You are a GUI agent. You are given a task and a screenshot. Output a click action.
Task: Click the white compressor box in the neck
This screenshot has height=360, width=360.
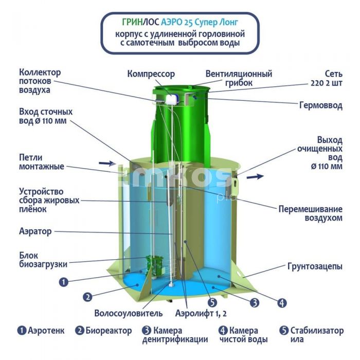[x=172, y=99]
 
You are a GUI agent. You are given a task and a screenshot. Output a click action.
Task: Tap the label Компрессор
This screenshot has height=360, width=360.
[x=151, y=74]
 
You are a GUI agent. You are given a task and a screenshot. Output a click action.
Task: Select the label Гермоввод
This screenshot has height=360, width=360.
[x=321, y=105]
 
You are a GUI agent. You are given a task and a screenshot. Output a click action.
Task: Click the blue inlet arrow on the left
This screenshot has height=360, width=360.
[x=107, y=163]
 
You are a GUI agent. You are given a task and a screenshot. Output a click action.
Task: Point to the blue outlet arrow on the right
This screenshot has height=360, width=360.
[x=255, y=176]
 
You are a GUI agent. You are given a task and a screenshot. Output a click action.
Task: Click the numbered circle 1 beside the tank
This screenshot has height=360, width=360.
[x=64, y=282]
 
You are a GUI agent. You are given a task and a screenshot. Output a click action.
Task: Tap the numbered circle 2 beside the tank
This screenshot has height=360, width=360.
[x=87, y=297]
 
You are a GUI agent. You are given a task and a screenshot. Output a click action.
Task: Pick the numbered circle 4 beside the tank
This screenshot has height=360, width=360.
[x=282, y=303]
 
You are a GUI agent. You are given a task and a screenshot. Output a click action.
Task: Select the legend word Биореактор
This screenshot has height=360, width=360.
[x=109, y=331]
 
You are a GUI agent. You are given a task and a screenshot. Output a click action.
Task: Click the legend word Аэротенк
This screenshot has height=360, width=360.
[x=46, y=331]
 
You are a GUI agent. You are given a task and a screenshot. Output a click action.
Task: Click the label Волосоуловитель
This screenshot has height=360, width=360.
[x=129, y=313]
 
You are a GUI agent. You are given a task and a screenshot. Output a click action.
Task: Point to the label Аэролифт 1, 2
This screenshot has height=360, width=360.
[x=201, y=313]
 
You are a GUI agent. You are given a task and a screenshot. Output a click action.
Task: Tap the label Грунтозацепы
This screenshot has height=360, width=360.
[x=315, y=266]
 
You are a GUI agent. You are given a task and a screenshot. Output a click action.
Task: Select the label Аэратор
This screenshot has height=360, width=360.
[x=35, y=231]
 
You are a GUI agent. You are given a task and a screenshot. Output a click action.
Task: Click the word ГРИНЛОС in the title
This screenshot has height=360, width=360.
[x=140, y=22]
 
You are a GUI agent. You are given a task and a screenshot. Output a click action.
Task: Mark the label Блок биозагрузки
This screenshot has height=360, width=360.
[x=43, y=260]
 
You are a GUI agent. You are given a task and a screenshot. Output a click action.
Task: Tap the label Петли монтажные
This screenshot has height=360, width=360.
[x=42, y=162]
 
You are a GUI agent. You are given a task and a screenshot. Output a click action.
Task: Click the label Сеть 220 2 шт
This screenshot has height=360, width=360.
[x=327, y=79]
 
